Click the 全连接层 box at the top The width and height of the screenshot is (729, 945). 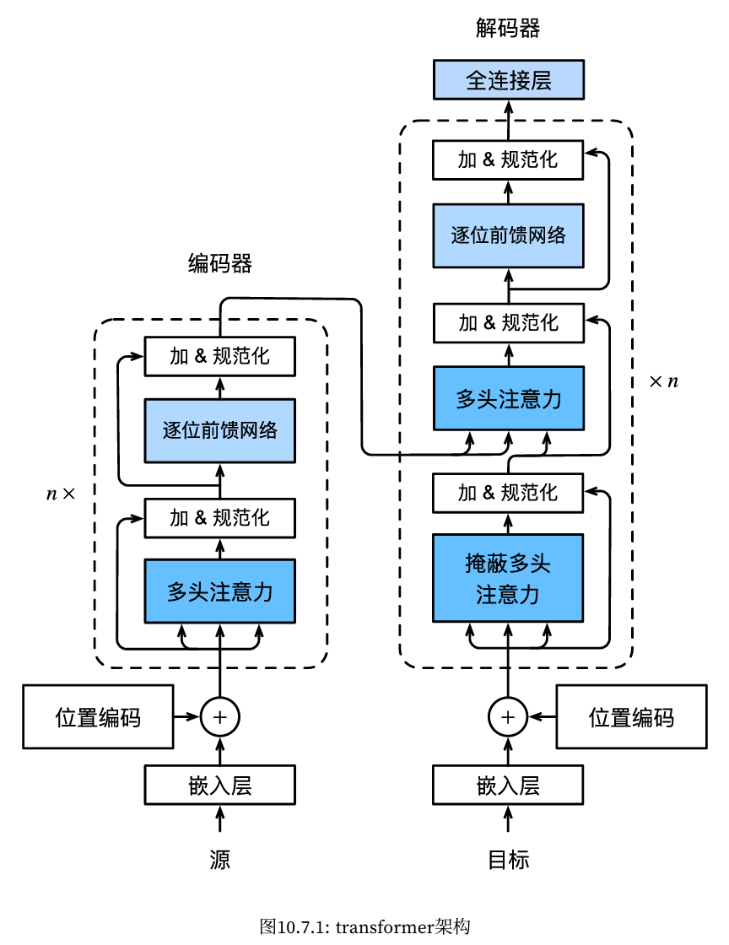click(508, 80)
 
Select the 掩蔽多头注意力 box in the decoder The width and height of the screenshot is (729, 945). click(508, 578)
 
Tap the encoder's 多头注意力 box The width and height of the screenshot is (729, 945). click(220, 591)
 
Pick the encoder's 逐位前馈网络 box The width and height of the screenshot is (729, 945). click(220, 430)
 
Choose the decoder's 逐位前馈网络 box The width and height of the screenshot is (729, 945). click(508, 235)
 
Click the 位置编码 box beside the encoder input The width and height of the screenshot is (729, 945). click(98, 717)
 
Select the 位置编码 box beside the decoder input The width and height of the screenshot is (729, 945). click(631, 717)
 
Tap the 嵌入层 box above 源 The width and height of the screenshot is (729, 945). click(220, 786)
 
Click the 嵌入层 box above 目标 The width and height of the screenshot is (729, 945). click(508, 786)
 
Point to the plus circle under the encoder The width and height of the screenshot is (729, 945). click(220, 717)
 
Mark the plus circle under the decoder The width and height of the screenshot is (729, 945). click(508, 717)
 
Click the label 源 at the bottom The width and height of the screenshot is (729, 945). click(220, 860)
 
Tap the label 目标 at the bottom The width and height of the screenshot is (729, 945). click(509, 860)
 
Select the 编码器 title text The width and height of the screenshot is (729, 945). click(220, 264)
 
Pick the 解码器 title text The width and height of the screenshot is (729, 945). click(508, 30)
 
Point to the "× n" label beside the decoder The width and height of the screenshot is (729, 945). click(663, 381)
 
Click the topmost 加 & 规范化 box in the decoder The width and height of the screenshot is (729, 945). click(508, 160)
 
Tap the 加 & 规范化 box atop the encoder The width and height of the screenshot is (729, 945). click(220, 356)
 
